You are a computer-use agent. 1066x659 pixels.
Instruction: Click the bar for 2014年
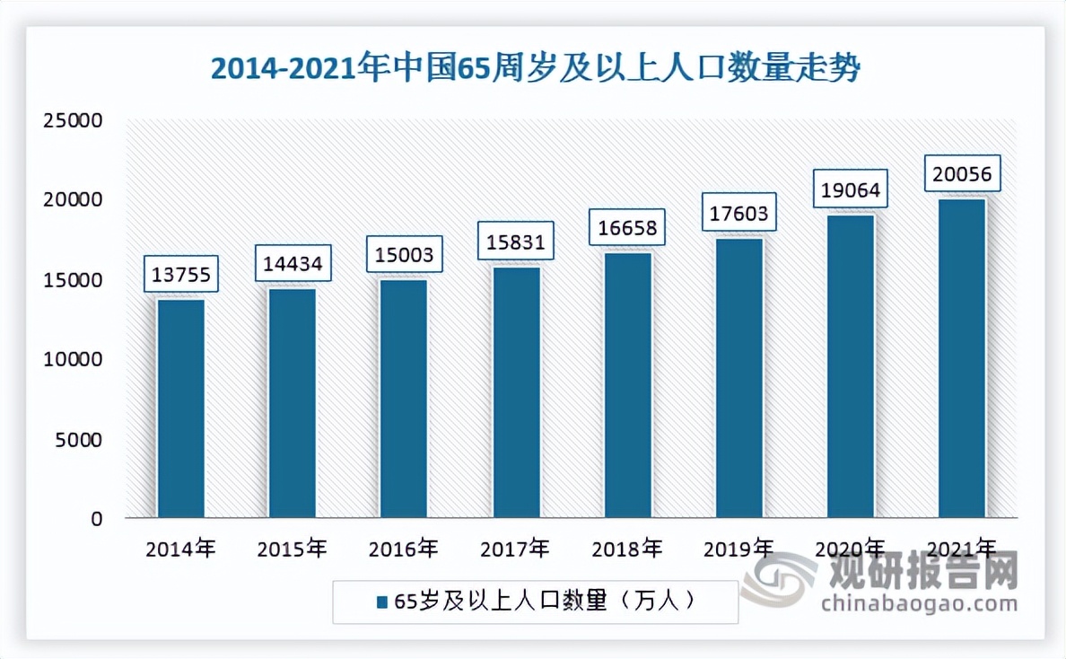(180, 409)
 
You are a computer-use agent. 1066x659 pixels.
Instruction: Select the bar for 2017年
(516, 392)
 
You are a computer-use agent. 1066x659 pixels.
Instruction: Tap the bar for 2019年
(739, 378)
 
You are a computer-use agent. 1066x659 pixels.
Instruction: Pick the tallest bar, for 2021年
(962, 358)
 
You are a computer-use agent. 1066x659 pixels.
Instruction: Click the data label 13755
(180, 275)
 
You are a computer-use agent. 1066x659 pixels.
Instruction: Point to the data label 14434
(292, 264)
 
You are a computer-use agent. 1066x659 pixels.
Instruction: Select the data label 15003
(404, 255)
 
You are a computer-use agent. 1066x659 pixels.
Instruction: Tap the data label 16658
(627, 228)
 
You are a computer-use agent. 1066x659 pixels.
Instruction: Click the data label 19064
(850, 189)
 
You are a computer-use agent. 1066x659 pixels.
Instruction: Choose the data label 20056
(962, 174)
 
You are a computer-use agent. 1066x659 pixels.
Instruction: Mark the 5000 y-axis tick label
(79, 439)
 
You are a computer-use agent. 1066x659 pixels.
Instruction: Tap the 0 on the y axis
(96, 518)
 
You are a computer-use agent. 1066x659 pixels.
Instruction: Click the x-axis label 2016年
(404, 549)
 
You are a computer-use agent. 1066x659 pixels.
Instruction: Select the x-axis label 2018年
(627, 549)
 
